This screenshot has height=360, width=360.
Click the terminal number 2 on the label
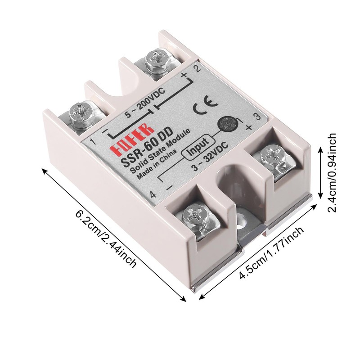point(196,68)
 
